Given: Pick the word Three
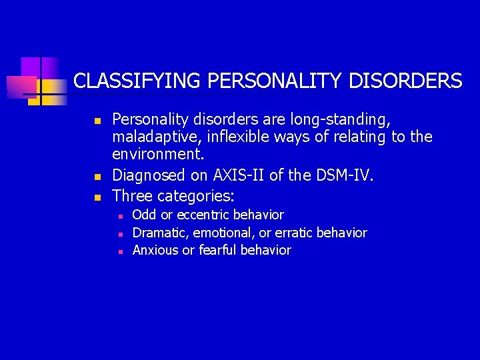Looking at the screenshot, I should (132, 196).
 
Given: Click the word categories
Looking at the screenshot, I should (196, 196).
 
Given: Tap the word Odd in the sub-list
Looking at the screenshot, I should (143, 215).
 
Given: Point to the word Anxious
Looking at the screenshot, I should (155, 251).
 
